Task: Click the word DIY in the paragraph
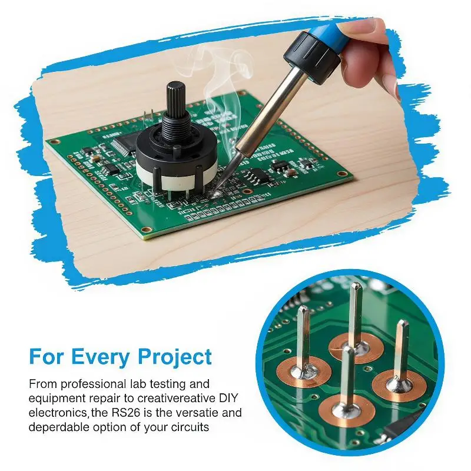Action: point(227,398)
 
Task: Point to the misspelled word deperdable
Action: point(58,427)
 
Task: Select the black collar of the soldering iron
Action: point(313,57)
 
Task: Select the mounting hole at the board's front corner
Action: point(146,230)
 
